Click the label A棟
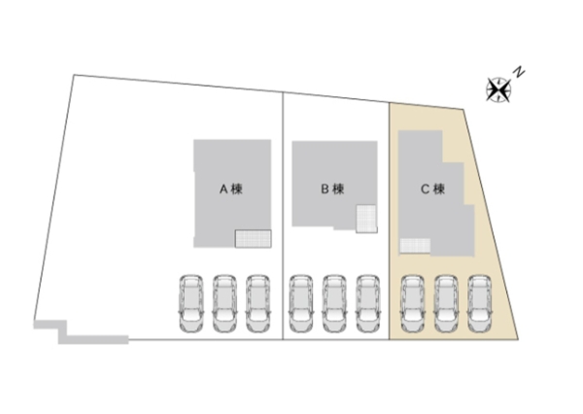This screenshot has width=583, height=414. coord(229,190)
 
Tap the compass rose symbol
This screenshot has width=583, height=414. coord(498,89)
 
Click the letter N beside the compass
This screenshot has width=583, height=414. coord(521,71)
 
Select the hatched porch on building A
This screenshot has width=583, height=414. coord(253,237)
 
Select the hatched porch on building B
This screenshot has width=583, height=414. coord(365,220)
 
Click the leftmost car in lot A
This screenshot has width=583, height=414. coord(190,303)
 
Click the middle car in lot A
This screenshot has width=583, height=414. coord(224,303)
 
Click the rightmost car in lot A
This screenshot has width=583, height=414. coord(257,303)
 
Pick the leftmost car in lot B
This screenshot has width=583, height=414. coord(300,303)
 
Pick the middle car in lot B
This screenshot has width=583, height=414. coord(334,303)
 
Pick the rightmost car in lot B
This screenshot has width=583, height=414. coord(367,303)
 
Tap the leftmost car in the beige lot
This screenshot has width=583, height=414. coord(413,303)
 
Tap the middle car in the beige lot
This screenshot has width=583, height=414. coord(446,303)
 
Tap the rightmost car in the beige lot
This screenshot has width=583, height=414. coord(479,303)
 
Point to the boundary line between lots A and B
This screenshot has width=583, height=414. coord(283,214)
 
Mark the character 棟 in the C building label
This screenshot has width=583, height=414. coord(438,190)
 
